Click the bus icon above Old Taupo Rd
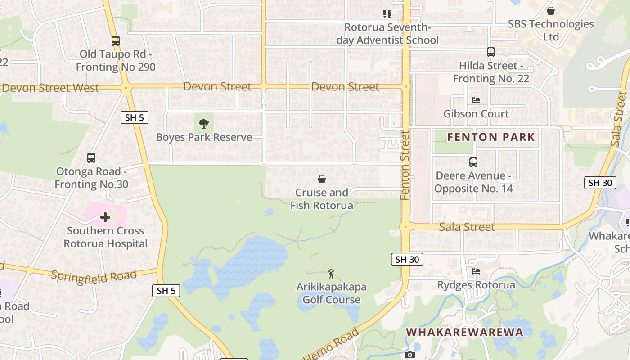(x=116, y=41)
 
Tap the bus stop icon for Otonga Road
(x=91, y=158)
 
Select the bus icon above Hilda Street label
(x=490, y=52)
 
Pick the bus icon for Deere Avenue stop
(x=473, y=162)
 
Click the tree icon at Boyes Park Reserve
(x=204, y=123)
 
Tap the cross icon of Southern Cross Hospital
(x=105, y=218)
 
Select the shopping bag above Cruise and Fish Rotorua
(x=322, y=180)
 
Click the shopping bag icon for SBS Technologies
(x=550, y=11)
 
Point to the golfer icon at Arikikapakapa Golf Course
(x=332, y=273)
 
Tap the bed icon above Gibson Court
(x=476, y=100)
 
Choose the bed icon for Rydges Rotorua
(x=476, y=271)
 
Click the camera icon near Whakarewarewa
(x=409, y=355)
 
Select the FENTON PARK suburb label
(x=491, y=137)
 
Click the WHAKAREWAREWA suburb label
(x=465, y=332)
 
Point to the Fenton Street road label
(x=405, y=165)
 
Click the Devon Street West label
(x=50, y=88)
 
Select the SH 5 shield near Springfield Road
(x=166, y=291)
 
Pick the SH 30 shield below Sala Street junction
(x=407, y=259)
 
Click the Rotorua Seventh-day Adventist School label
(x=387, y=34)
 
